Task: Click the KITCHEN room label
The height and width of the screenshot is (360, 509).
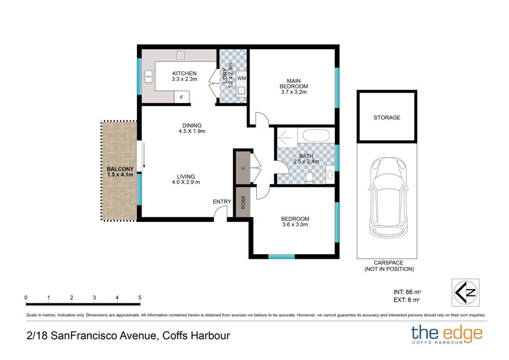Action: tap(184, 74)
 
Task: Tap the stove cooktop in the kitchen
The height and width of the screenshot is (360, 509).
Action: tap(180, 55)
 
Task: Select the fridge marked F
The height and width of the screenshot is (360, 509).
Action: tap(182, 97)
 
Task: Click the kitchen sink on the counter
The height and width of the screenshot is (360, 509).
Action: tap(148, 77)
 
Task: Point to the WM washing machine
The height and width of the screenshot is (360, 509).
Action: tap(241, 78)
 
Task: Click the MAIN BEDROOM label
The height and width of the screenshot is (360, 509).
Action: tap(294, 84)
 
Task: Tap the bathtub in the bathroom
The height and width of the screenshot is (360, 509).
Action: tap(316, 135)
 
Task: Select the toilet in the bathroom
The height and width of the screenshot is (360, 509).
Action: tap(309, 178)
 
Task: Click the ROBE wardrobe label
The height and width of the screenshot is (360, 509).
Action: tap(243, 202)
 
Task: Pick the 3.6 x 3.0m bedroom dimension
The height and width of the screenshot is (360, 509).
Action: tap(295, 225)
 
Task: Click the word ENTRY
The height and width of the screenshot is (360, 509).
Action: tap(222, 202)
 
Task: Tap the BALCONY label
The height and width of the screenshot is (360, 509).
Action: tap(120, 169)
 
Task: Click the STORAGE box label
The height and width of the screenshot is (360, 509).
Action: tap(387, 118)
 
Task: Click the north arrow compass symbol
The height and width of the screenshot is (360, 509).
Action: tap(465, 293)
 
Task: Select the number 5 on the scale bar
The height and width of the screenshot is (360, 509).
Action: tap(140, 298)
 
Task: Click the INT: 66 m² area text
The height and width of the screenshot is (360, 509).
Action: tap(407, 292)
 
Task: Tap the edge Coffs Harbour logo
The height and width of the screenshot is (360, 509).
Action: tap(447, 334)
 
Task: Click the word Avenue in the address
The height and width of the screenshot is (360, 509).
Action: tap(139, 336)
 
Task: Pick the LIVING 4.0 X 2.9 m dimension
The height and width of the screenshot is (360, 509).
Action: tap(186, 179)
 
